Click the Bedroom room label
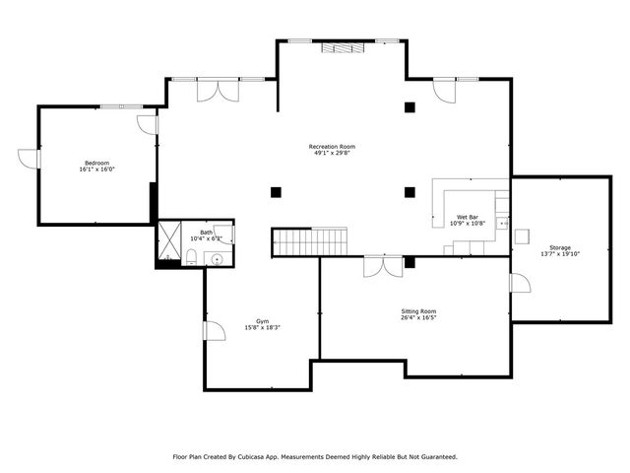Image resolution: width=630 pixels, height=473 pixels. (96, 163)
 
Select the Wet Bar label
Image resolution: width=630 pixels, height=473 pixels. (468, 217)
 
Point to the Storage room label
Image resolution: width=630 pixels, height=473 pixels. (559, 247)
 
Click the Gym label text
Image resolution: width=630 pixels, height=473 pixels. (262, 321)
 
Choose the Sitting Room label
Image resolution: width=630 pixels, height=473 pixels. (418, 310)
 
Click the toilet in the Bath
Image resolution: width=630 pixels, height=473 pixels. (192, 258)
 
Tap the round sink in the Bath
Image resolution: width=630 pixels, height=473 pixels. (217, 258)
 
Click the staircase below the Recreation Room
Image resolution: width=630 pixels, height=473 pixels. (310, 241)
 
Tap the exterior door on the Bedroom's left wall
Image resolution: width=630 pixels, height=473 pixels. (28, 159)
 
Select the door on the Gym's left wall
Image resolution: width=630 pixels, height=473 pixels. (213, 332)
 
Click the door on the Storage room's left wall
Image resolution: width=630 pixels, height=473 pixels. (519, 283)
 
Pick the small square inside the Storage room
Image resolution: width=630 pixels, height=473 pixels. (523, 236)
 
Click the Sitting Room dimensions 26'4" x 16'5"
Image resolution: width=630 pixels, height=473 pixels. (418, 317)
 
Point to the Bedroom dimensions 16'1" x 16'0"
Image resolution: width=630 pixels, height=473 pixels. (96, 169)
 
